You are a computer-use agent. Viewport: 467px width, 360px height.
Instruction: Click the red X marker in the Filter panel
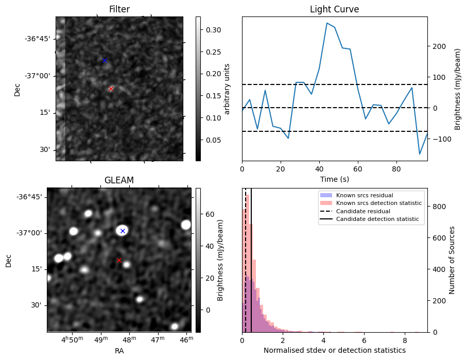pyautogui.click(x=111, y=89)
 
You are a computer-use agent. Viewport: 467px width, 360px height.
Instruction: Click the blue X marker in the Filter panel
pyautogui.click(x=105, y=61)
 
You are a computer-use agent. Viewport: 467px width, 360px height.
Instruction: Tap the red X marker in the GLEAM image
pyautogui.click(x=119, y=261)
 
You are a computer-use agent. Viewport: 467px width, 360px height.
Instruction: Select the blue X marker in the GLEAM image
pyautogui.click(x=123, y=231)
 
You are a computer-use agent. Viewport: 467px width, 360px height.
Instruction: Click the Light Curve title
pyautogui.click(x=334, y=9)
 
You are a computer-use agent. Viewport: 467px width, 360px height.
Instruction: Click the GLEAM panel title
pyautogui.click(x=119, y=180)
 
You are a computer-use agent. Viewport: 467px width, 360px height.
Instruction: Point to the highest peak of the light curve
pyautogui.click(x=327, y=23)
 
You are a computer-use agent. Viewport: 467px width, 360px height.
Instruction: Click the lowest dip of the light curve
pyautogui.click(x=420, y=154)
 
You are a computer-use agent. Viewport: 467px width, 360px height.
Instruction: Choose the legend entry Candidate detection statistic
pyautogui.click(x=378, y=219)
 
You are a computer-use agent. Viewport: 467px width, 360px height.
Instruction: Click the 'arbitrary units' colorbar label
pyautogui.click(x=227, y=89)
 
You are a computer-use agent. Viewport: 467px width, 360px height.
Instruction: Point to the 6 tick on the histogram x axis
pyautogui.click(x=364, y=340)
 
